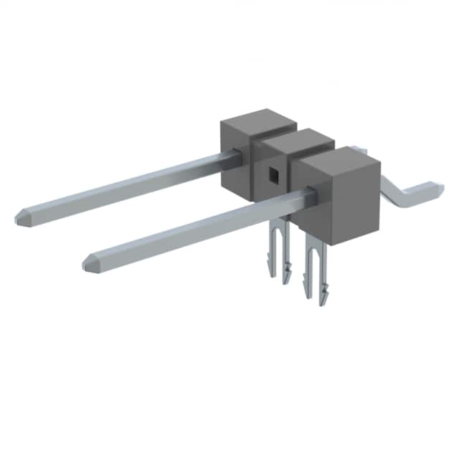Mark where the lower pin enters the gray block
[311, 194]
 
